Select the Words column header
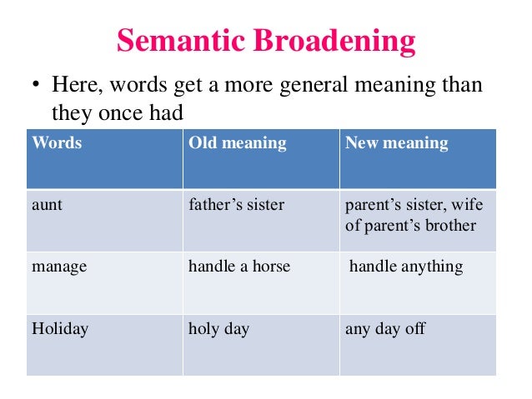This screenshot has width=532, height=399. (x=57, y=143)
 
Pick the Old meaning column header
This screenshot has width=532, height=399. (x=237, y=143)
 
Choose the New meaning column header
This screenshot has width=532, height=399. (x=396, y=143)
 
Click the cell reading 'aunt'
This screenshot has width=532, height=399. (x=47, y=205)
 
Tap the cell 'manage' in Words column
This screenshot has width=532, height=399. (x=59, y=267)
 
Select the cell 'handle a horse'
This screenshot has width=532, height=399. (x=239, y=267)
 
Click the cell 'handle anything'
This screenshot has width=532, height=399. (x=405, y=267)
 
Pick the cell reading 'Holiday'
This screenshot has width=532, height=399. (x=60, y=329)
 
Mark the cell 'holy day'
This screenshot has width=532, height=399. (x=218, y=329)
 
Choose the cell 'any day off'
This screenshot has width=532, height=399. (x=384, y=329)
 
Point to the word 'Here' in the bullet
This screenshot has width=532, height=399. (x=75, y=85)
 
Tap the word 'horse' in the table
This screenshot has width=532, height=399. (x=269, y=267)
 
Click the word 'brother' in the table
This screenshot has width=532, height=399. (x=449, y=226)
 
